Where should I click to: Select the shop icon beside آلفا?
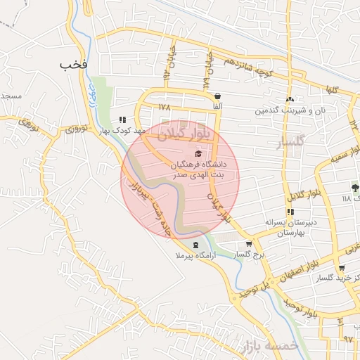click(217, 96)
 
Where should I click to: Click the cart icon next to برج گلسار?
click(250, 245)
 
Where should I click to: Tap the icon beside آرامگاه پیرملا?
click(195, 245)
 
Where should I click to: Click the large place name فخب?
click(73, 65)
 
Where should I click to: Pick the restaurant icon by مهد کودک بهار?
click(124, 120)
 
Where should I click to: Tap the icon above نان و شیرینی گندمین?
click(290, 99)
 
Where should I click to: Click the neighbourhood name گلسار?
click(290, 141)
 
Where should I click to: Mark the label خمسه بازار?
click(269, 347)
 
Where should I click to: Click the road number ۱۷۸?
click(165, 108)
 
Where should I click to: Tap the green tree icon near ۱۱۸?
click(354, 188)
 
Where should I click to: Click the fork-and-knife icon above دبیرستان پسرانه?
click(290, 212)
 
